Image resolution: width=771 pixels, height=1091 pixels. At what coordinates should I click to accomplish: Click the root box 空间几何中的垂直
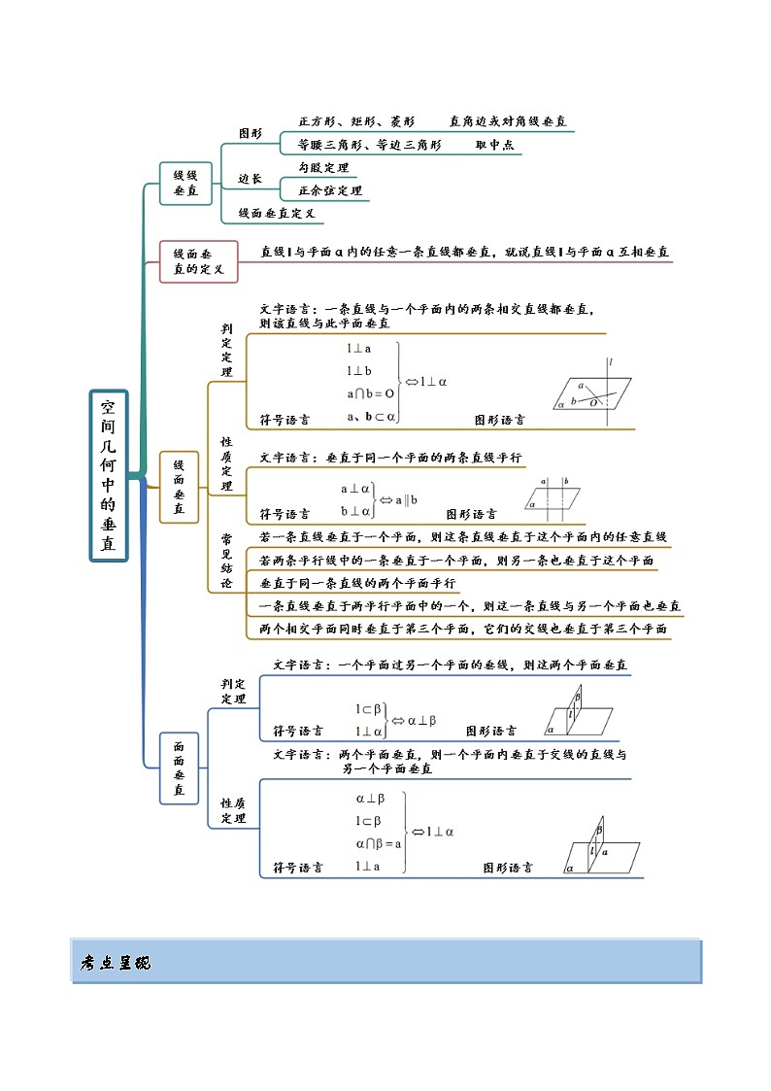[x=108, y=476]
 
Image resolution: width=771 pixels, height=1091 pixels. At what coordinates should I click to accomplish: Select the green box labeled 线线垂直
[x=185, y=184]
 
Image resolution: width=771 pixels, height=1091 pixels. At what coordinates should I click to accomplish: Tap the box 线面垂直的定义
[x=198, y=260]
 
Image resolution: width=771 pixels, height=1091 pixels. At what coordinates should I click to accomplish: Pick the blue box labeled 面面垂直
[x=179, y=767]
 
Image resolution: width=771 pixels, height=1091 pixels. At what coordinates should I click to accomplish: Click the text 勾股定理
[x=323, y=168]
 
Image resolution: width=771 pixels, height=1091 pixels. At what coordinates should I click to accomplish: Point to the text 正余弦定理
[x=330, y=190]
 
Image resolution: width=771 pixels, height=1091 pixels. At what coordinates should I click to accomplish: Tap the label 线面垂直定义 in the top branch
[x=277, y=213]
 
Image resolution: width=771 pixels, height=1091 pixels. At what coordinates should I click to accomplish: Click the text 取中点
[x=494, y=145]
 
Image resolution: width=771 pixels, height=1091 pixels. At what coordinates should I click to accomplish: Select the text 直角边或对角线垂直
[x=508, y=122]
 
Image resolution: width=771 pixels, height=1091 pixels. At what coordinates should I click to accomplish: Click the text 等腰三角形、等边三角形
[x=370, y=145]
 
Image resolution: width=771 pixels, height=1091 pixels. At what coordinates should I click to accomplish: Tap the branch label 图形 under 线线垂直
[x=251, y=133]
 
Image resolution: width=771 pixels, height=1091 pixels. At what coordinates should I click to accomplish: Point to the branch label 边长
[x=251, y=179]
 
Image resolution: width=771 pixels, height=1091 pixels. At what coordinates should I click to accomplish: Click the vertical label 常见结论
[x=226, y=561]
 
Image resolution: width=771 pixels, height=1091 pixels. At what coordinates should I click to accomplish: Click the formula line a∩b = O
[x=370, y=394]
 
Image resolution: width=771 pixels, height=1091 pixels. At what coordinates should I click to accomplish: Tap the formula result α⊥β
[x=421, y=721]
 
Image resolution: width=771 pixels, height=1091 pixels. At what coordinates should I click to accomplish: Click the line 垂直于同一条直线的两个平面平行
[x=358, y=583]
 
